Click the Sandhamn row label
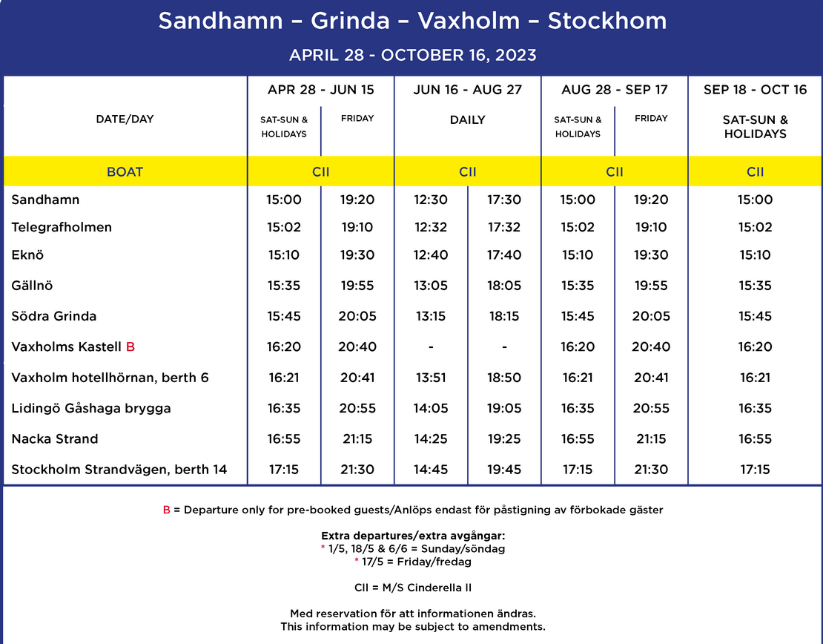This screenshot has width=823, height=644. pyautogui.click(x=45, y=200)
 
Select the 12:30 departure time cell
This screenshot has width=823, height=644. pyautogui.click(x=431, y=200)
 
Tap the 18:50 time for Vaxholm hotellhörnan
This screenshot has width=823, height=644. pyautogui.click(x=504, y=378)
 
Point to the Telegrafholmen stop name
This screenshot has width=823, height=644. pyautogui.click(x=62, y=227)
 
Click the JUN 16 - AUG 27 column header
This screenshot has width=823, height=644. pyautogui.click(x=468, y=90)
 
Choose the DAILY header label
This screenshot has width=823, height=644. pyautogui.click(x=468, y=119)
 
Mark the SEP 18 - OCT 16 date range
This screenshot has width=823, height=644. pyautogui.click(x=755, y=90)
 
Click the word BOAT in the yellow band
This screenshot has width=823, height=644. pyautogui.click(x=125, y=172)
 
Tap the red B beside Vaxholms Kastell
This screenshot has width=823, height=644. pyautogui.click(x=130, y=346)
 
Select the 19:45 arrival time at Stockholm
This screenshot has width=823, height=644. pyautogui.click(x=504, y=470)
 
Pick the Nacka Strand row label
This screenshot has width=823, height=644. pyautogui.click(x=55, y=438)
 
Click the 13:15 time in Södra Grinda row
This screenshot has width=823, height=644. pyautogui.click(x=431, y=316)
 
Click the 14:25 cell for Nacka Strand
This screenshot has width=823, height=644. pyautogui.click(x=431, y=438)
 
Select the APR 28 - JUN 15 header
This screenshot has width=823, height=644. pyautogui.click(x=321, y=90)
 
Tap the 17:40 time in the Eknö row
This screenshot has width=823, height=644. pyautogui.click(x=504, y=255)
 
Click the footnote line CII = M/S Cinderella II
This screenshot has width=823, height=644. pyautogui.click(x=412, y=588)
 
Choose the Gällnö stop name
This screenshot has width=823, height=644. pyautogui.click(x=32, y=286)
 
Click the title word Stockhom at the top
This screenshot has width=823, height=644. pyautogui.click(x=607, y=21)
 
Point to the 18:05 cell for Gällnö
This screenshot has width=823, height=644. pyautogui.click(x=504, y=286)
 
